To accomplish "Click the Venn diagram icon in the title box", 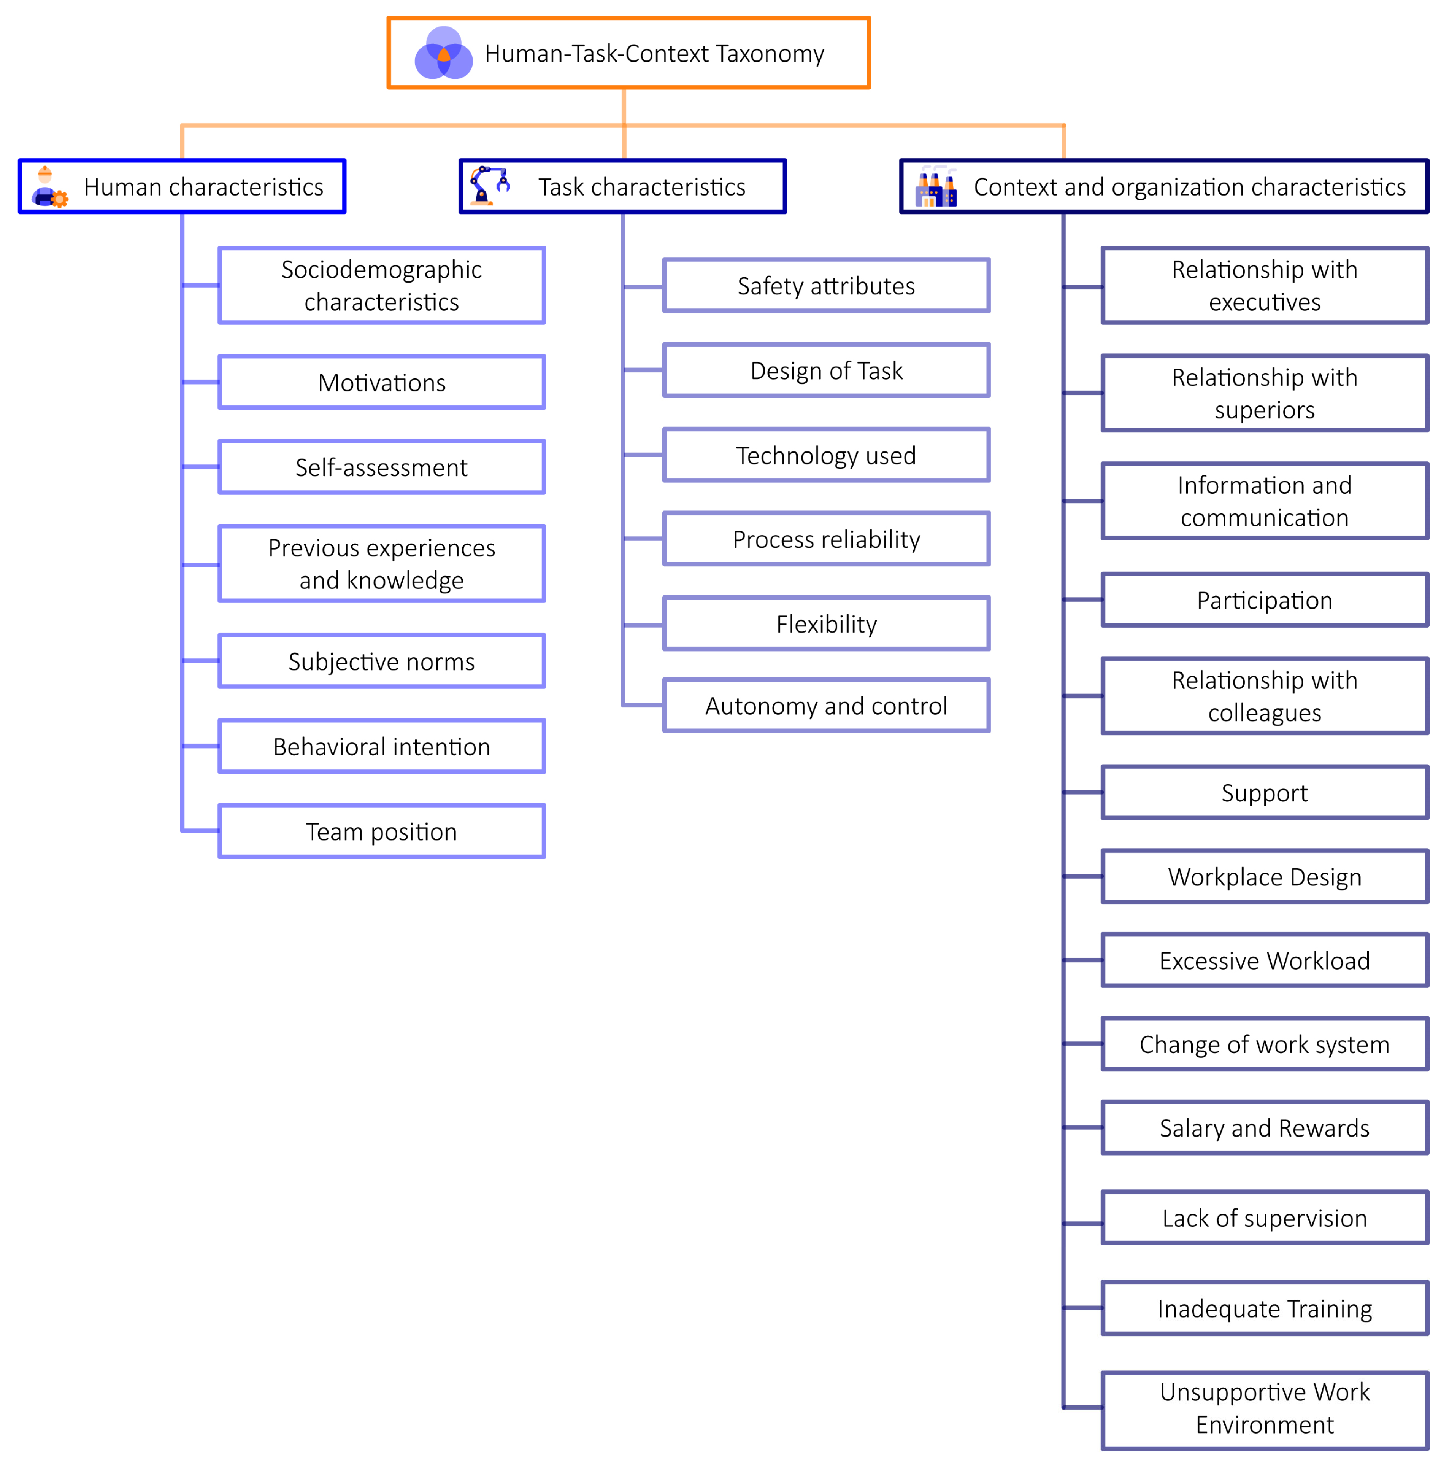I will click(443, 53).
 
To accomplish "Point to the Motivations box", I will click(381, 382).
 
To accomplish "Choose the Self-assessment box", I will click(381, 467).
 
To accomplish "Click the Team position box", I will click(381, 831).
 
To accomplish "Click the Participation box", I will click(1264, 600).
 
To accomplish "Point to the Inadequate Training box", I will click(1264, 1308).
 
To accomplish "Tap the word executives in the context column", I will click(1264, 302).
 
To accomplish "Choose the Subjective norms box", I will click(381, 661).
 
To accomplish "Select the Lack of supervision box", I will click(1264, 1218).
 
